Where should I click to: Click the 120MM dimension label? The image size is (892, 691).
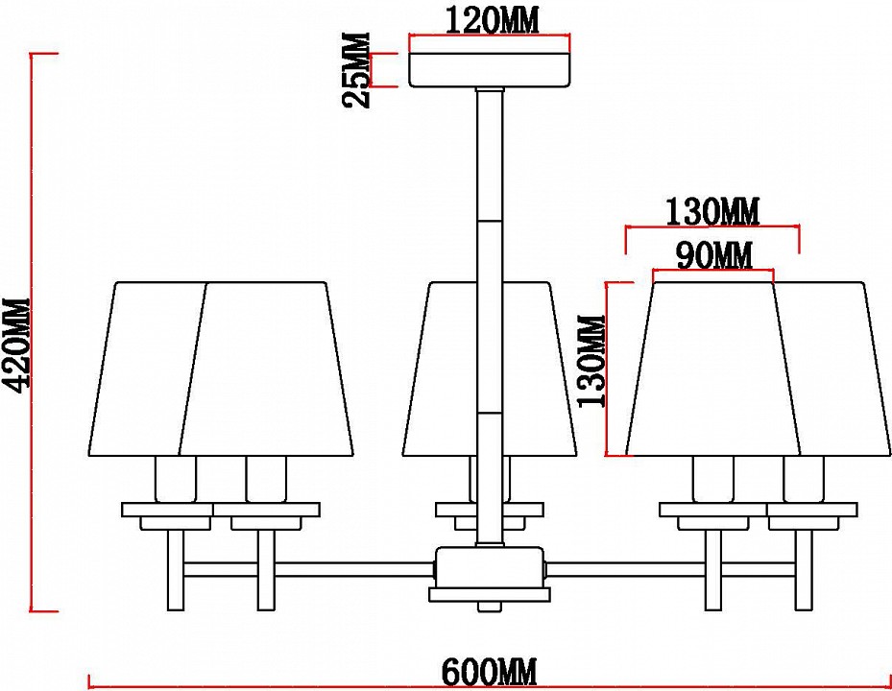coord(491,21)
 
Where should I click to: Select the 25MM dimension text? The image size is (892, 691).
coord(356,70)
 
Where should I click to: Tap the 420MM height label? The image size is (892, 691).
coord(15,345)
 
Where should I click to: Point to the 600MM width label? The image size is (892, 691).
coord(490,672)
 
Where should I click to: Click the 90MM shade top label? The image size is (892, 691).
coord(714,255)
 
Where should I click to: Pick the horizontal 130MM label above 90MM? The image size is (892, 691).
coord(712,211)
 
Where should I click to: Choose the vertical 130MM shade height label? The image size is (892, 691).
coord(591,361)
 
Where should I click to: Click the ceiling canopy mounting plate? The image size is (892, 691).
coord(490,70)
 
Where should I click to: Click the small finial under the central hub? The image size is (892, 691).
coord(490,606)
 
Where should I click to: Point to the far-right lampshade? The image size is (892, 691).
coord(832,369)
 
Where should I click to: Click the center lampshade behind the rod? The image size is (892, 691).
coord(490,369)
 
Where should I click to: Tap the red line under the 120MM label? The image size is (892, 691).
coord(490,37)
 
